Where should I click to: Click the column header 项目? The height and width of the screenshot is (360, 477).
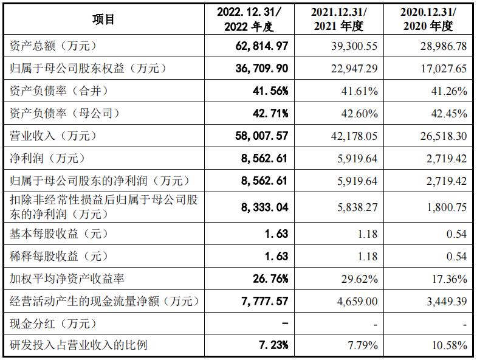tap(103, 19)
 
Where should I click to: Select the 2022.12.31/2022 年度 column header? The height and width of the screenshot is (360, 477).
tap(249, 19)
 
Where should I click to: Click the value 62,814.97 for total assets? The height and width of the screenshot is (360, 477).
tap(261, 46)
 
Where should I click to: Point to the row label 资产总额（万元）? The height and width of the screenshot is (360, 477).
tap(53, 46)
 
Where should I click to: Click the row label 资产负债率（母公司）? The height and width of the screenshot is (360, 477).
tap(65, 114)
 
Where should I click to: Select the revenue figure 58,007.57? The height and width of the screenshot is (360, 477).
tap(261, 136)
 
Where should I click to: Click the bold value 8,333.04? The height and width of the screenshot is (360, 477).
tap(264, 207)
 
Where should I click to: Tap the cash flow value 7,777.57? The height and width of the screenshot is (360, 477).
tap(264, 302)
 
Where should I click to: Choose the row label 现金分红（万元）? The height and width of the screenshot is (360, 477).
tap(53, 324)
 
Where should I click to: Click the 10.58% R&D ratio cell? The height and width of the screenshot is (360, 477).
tap(450, 346)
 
